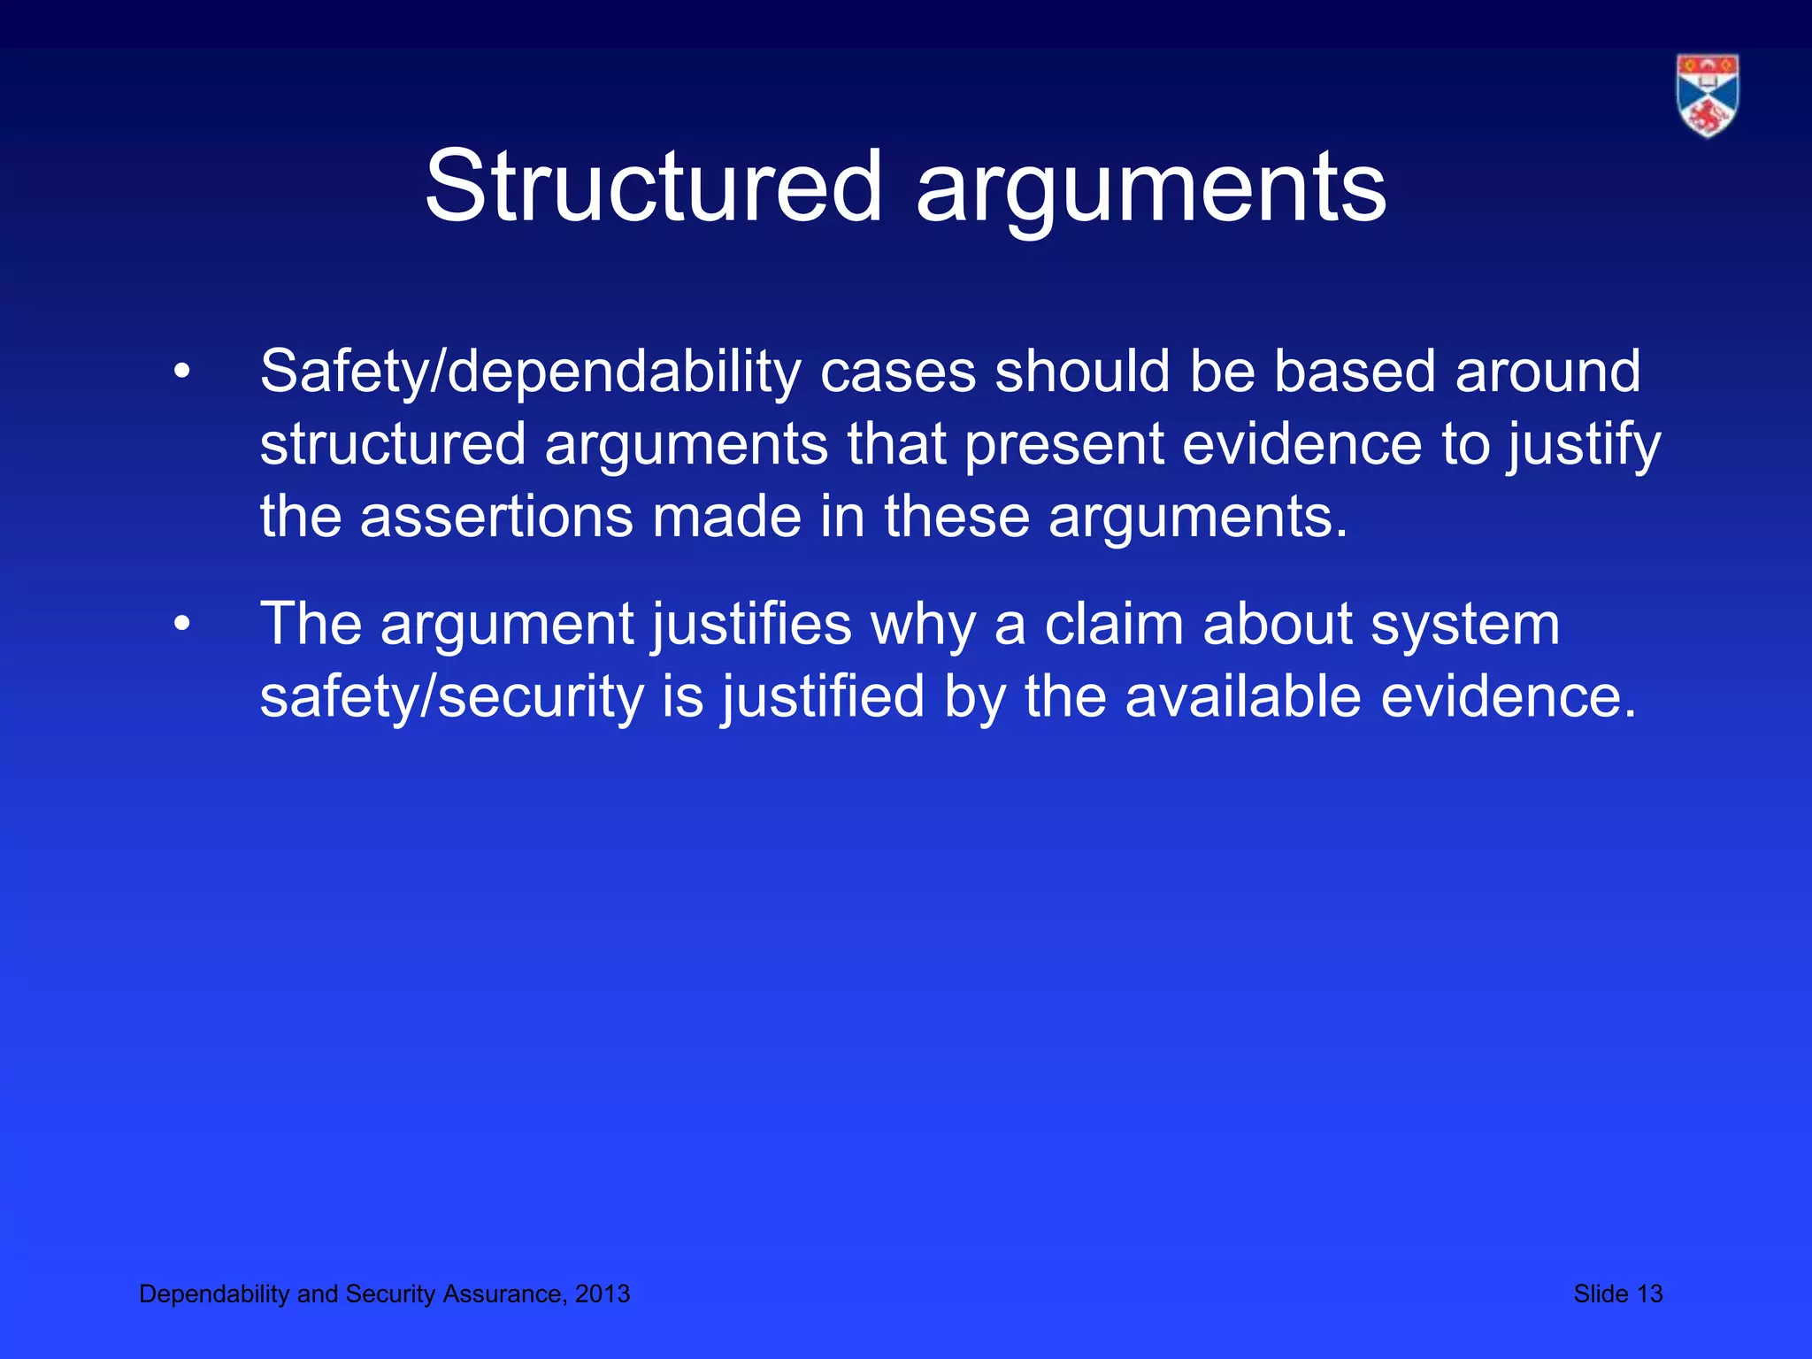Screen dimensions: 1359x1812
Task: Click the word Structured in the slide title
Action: (x=653, y=187)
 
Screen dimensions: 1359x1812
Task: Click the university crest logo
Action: (x=1707, y=96)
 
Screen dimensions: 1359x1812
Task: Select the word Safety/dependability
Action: (x=530, y=372)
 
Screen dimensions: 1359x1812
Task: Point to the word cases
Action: (x=897, y=372)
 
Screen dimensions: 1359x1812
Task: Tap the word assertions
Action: (x=496, y=517)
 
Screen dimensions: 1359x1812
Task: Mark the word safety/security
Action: (x=451, y=698)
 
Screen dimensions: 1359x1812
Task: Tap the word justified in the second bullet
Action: (x=823, y=698)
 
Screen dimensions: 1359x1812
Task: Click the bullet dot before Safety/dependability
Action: (x=182, y=372)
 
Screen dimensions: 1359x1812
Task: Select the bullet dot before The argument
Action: (x=182, y=626)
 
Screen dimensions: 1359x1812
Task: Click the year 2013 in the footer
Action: (x=603, y=1294)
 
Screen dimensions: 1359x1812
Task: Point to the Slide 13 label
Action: (x=1617, y=1294)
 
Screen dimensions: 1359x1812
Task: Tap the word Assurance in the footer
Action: (x=503, y=1294)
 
